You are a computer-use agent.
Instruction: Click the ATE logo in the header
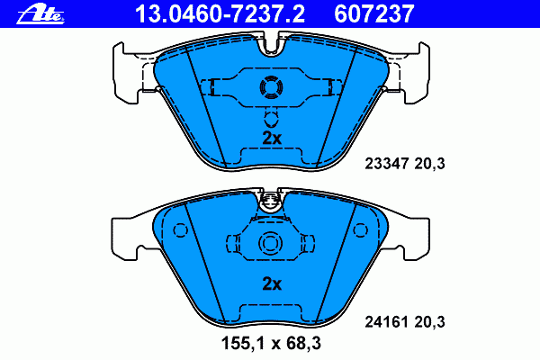[40, 15]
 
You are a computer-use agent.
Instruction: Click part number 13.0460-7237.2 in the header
[220, 14]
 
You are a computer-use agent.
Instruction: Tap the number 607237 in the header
[374, 14]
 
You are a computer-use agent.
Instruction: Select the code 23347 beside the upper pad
[387, 163]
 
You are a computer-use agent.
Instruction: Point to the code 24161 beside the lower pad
[387, 322]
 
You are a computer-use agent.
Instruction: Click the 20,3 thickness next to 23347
[430, 164]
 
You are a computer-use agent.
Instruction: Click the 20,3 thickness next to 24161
[430, 322]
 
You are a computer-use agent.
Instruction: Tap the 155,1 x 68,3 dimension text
[271, 343]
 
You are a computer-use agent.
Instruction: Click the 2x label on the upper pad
[272, 138]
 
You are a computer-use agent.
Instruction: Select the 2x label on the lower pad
[272, 283]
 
